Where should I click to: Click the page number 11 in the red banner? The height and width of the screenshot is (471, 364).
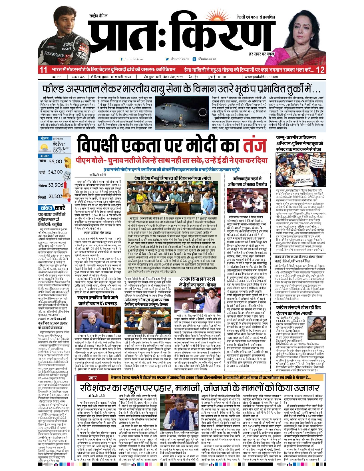tap(43, 70)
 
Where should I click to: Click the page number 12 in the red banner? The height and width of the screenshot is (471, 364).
tap(320, 70)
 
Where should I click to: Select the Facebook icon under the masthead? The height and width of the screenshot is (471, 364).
tap(122, 59)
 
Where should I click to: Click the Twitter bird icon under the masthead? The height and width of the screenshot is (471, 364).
tap(167, 59)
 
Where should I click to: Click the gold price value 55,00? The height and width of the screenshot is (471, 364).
tap(55, 162)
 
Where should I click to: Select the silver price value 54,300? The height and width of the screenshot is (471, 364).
tap(55, 172)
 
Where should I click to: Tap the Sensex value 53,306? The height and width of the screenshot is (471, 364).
tap(56, 185)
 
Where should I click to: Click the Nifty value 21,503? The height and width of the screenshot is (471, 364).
tap(55, 196)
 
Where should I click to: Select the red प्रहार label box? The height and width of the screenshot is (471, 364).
tap(92, 377)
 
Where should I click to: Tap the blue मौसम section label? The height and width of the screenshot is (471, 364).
tap(45, 138)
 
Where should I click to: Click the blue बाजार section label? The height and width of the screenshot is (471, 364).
tap(45, 156)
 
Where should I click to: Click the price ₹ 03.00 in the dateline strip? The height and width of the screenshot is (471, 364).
tap(217, 77)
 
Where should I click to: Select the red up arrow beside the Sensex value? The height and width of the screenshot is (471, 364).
tap(66, 185)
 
